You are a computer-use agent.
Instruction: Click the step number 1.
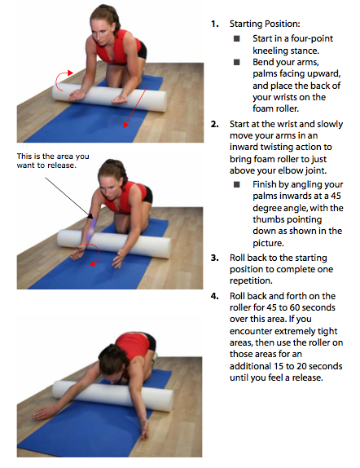pyautogui.click(x=214, y=24)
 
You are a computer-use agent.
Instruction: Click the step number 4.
pyautogui.click(x=215, y=296)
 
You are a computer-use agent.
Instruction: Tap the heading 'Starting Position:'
pyautogui.click(x=265, y=24)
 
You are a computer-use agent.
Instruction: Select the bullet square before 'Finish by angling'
pyautogui.click(x=237, y=184)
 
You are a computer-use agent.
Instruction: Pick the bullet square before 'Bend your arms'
pyautogui.click(x=237, y=62)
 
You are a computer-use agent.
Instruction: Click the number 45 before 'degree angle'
pyautogui.click(x=336, y=196)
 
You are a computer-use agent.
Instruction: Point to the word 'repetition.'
pyautogui.click(x=251, y=280)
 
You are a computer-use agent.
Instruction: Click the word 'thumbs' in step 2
pyautogui.click(x=267, y=219)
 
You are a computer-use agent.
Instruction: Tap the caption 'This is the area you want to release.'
pyautogui.click(x=53, y=161)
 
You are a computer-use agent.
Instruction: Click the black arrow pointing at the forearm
pyautogui.click(x=69, y=197)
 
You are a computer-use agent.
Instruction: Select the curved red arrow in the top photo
pyautogui.click(x=64, y=80)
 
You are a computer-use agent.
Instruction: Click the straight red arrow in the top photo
pyautogui.click(x=136, y=106)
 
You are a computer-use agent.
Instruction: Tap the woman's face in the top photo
pyautogui.click(x=100, y=33)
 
